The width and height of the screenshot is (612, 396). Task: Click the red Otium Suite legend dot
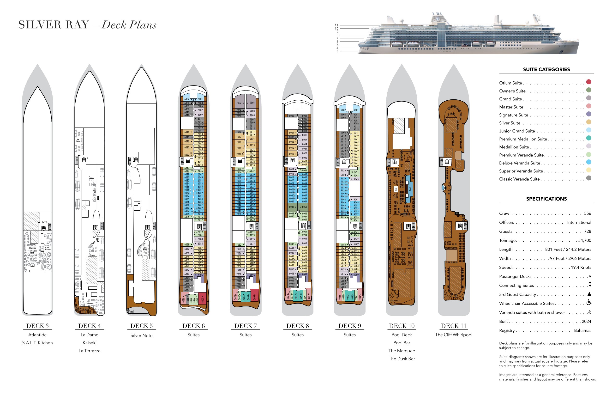coord(588,82)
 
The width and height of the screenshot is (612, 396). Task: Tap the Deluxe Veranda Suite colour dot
coord(588,162)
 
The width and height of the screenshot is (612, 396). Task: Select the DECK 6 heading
coord(193,326)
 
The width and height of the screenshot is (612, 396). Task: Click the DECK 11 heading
coord(453,326)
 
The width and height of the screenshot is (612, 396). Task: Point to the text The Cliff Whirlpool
coord(453,335)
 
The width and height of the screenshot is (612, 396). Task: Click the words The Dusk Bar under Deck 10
coord(402,359)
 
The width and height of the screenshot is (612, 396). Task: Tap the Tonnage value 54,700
coord(584,240)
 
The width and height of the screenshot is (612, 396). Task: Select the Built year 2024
coord(586,321)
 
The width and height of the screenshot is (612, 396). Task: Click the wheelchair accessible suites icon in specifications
coord(589,303)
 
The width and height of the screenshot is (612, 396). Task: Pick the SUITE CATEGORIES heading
coord(546,69)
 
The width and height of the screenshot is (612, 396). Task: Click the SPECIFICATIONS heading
coord(546,199)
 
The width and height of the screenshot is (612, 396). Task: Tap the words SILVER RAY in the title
coord(54,25)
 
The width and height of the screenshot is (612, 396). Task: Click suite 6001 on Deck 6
coord(200,99)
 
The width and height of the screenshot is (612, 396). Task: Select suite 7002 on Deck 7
coord(239,103)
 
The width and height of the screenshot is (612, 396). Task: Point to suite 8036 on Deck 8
coord(292,207)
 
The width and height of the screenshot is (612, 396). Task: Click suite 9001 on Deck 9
coord(356,110)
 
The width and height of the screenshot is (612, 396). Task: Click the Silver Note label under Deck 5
coord(141,335)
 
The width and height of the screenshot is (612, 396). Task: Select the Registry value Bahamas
coord(582,330)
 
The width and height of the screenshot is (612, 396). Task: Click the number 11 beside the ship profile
coord(336,25)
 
